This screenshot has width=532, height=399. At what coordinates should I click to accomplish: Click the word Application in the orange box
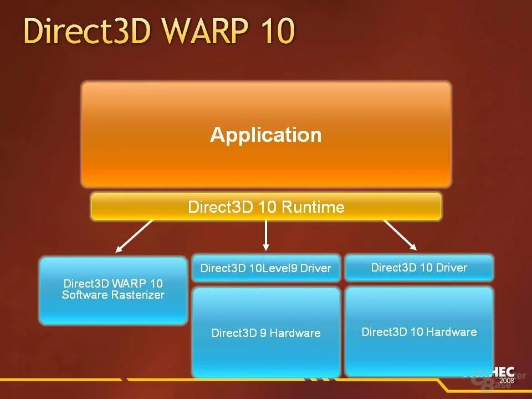pyautogui.click(x=265, y=135)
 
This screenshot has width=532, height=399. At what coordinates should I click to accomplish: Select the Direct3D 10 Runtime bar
pyautogui.click(x=266, y=207)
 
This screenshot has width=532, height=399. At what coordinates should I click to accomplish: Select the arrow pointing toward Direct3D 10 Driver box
pyautogui.click(x=400, y=235)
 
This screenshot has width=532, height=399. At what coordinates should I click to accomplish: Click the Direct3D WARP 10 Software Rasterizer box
pyautogui.click(x=113, y=290)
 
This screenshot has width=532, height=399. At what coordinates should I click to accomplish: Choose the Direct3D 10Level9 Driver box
pyautogui.click(x=266, y=268)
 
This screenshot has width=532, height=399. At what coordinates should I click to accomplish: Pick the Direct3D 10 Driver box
pyautogui.click(x=419, y=268)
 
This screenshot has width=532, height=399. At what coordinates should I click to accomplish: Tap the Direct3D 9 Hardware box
pyautogui.click(x=266, y=332)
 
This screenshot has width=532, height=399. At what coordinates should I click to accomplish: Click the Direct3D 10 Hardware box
pyautogui.click(x=419, y=331)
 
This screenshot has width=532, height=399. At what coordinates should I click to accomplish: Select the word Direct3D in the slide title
pyautogui.click(x=87, y=31)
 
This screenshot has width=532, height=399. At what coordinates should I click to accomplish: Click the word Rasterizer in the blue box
pyautogui.click(x=137, y=295)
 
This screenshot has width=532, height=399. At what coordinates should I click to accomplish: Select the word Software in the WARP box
pyautogui.click(x=84, y=295)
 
